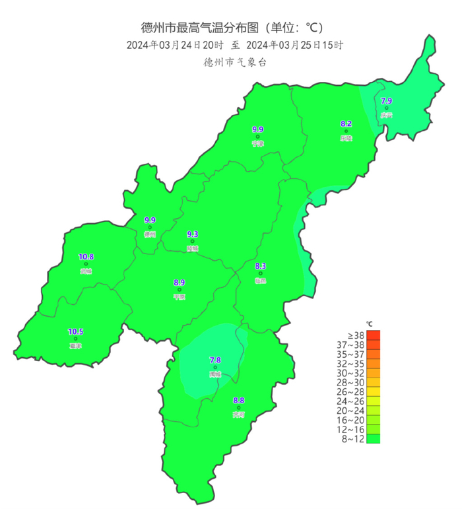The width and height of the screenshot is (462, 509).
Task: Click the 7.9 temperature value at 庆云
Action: point(387,100)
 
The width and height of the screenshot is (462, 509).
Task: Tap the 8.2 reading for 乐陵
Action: point(346,123)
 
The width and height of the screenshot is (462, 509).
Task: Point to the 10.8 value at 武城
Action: point(86,256)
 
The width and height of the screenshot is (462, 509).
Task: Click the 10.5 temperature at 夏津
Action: point(76,331)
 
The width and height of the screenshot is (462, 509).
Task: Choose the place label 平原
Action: point(179,297)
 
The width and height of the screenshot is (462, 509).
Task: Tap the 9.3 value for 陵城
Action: point(193,234)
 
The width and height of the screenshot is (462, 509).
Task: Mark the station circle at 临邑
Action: point(260,273)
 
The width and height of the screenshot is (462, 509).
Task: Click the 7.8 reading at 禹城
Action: point(215,359)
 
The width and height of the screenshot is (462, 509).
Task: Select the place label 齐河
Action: point(238,415)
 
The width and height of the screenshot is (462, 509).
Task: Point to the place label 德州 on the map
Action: point(150,234)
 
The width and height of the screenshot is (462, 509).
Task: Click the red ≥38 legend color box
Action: point(374,335)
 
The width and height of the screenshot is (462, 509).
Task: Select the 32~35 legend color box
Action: point(374,363)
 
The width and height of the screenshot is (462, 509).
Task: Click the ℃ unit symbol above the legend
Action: point(370,323)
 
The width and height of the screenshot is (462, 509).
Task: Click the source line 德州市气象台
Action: point(236,63)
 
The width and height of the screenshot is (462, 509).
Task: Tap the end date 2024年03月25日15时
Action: point(294,46)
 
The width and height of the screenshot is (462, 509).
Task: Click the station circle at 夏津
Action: point(76,339)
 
